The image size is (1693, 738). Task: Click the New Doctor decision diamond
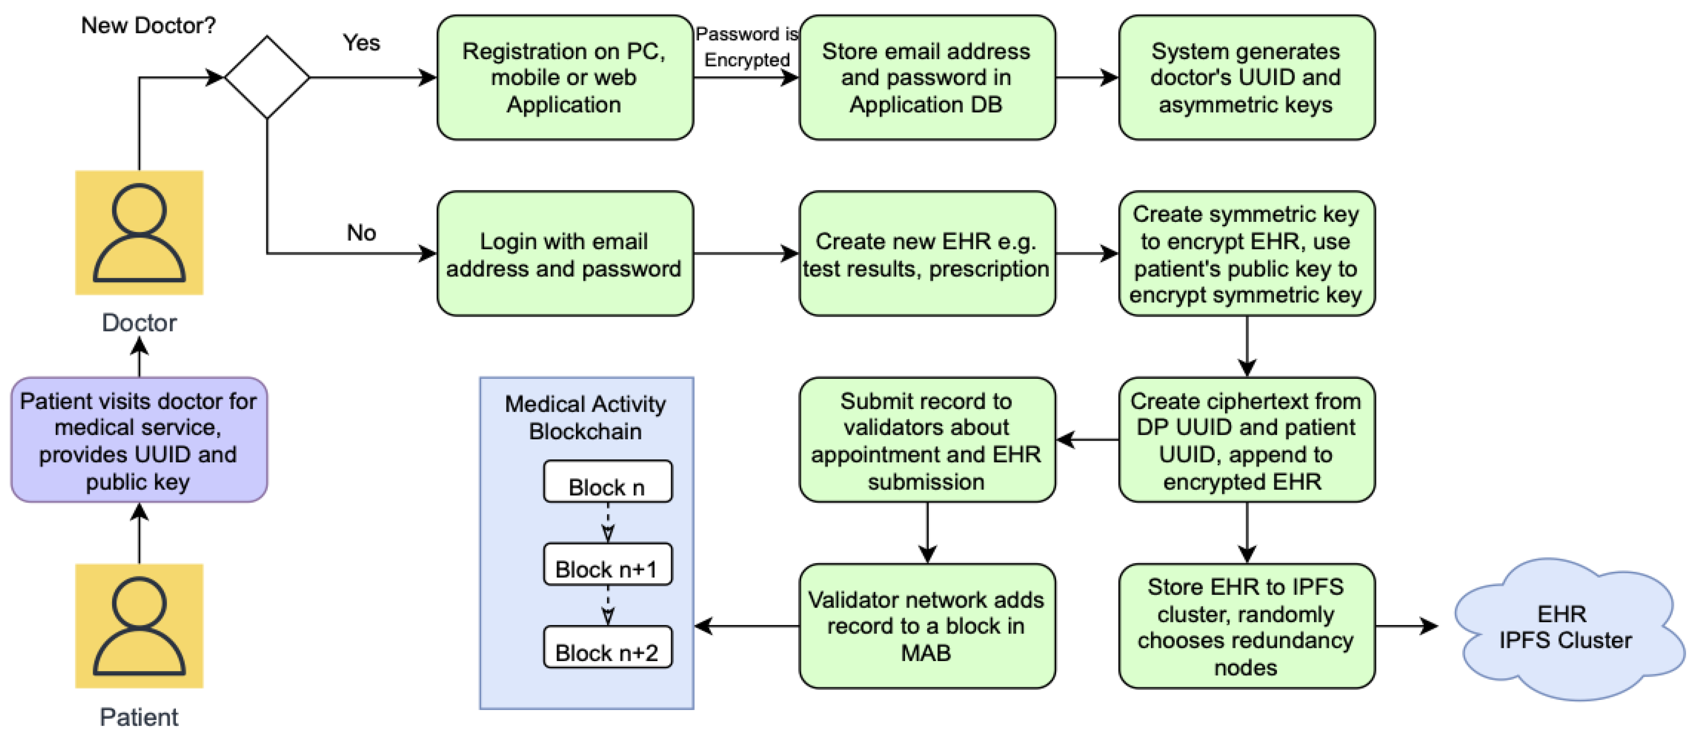click(x=267, y=77)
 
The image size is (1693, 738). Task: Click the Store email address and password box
click(x=927, y=77)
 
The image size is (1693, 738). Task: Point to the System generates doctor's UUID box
click(x=1246, y=77)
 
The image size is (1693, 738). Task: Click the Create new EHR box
click(x=927, y=254)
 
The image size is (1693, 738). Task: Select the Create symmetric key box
click(x=1246, y=254)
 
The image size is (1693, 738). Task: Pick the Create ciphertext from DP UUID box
click(x=1246, y=440)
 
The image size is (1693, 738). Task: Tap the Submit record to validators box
click(x=927, y=440)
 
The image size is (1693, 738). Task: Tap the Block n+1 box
click(x=607, y=564)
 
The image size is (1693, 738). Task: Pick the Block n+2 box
click(x=607, y=647)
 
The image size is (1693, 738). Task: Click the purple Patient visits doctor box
click(x=139, y=440)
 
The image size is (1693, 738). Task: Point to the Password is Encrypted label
click(x=747, y=46)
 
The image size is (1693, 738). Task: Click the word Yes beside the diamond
click(x=361, y=43)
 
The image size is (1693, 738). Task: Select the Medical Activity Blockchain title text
click(x=585, y=417)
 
